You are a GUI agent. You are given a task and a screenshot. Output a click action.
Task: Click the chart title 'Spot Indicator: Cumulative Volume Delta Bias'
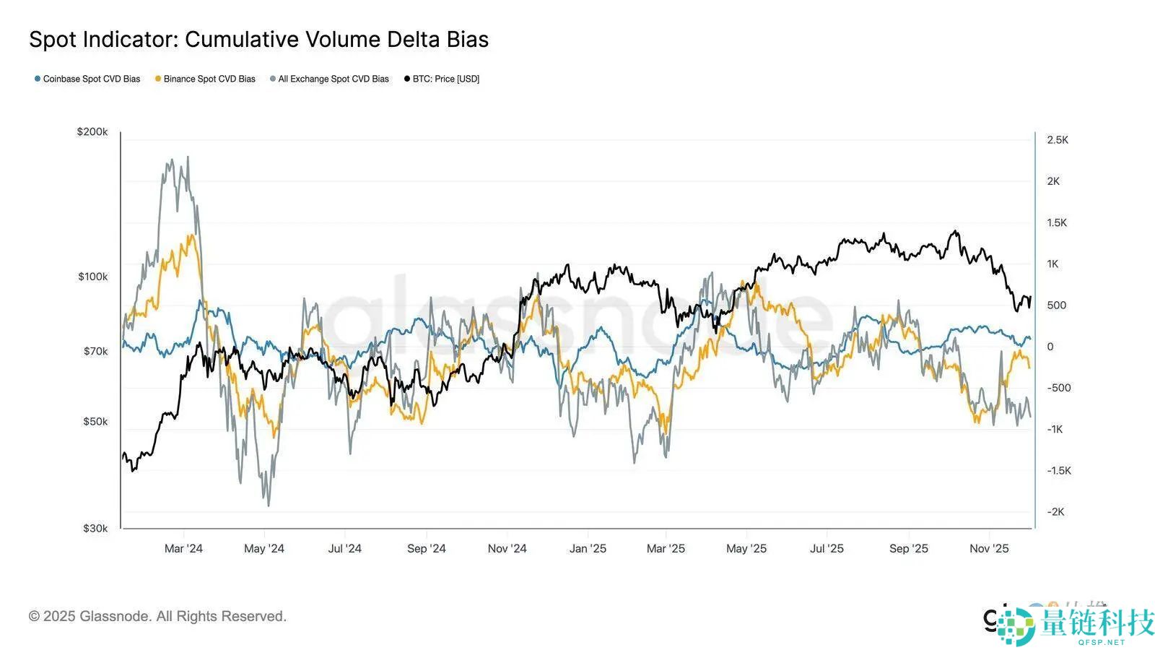(x=258, y=40)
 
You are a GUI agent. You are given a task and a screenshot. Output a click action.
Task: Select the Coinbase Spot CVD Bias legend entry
(x=87, y=79)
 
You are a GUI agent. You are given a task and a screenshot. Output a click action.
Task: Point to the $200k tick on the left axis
(x=92, y=132)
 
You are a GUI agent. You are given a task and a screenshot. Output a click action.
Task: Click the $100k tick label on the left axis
(x=92, y=277)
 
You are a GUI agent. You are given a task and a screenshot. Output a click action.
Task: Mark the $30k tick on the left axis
(x=95, y=529)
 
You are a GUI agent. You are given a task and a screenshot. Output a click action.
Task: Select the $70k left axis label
(x=95, y=352)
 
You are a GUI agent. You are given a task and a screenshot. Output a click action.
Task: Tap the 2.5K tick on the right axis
(x=1058, y=140)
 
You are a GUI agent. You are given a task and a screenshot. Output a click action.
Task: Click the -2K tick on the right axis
(x=1055, y=512)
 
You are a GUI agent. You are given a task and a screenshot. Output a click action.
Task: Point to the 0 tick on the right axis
(x=1050, y=347)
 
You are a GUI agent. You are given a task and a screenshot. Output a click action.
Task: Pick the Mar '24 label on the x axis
(x=183, y=549)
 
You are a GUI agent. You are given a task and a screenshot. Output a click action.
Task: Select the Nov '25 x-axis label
(x=989, y=549)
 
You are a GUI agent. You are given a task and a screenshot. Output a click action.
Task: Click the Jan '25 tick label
(x=588, y=549)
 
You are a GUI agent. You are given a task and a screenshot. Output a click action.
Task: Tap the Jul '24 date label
(x=344, y=549)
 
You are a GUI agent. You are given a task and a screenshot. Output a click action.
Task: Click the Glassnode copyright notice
(x=157, y=616)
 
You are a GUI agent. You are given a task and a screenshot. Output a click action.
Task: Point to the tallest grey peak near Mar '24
(x=188, y=157)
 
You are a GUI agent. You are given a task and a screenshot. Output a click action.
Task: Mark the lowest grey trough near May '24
(x=269, y=505)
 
